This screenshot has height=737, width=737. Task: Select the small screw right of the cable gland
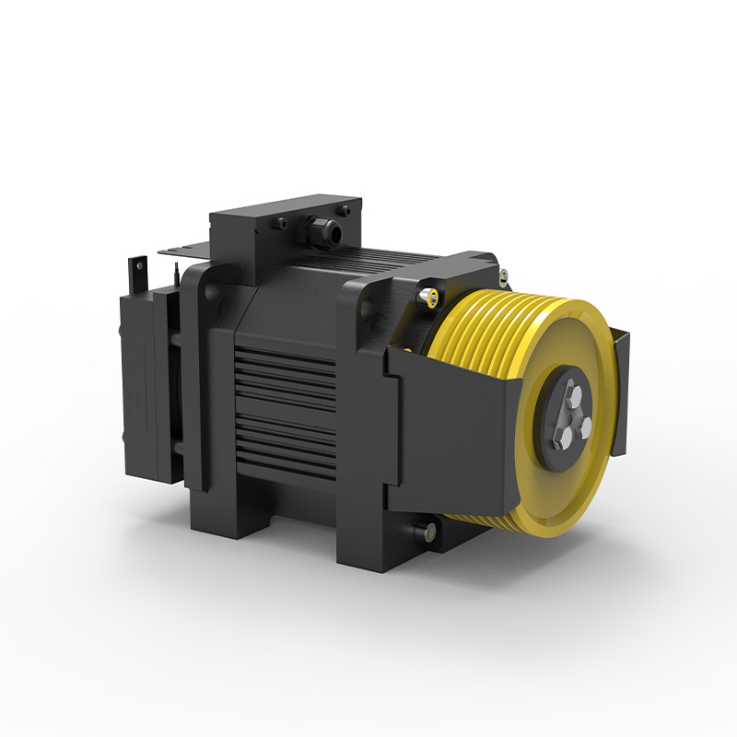pyautogui.click(x=348, y=213)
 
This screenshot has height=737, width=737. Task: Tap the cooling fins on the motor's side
pyautogui.click(x=286, y=405)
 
